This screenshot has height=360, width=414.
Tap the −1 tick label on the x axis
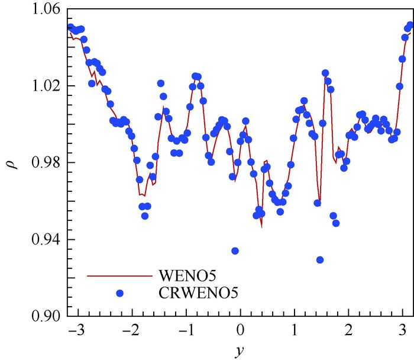[185, 329]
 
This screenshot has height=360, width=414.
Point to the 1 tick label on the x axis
[295, 329]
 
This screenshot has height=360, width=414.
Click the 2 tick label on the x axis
[350, 329]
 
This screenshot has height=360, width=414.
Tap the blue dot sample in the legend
[120, 292]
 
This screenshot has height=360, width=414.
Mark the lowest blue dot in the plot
[320, 259]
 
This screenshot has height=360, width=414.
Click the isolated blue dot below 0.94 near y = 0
[235, 251]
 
